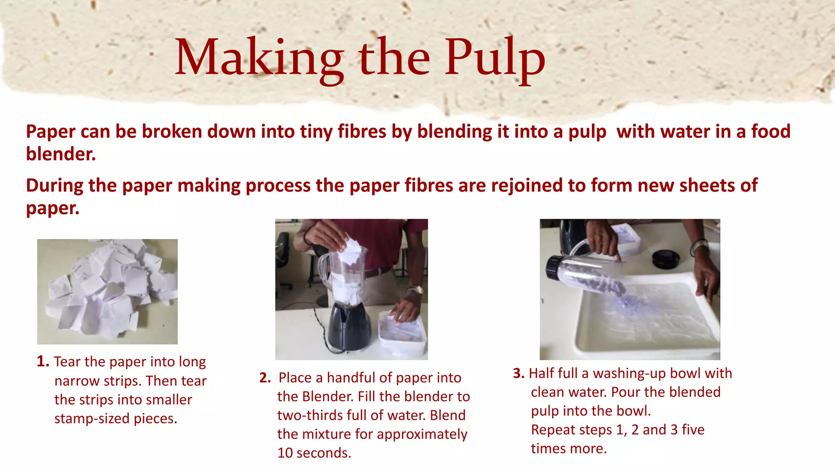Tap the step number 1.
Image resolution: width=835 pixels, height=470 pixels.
pos(42,361)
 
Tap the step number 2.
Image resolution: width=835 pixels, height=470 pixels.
pos(265,378)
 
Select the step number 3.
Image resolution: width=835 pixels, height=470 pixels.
pos(518,373)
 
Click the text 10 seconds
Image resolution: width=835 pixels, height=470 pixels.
pos(314,453)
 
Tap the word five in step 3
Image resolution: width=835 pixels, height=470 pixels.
pos(693,430)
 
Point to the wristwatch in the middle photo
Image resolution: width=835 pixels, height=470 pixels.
pos(415,290)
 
